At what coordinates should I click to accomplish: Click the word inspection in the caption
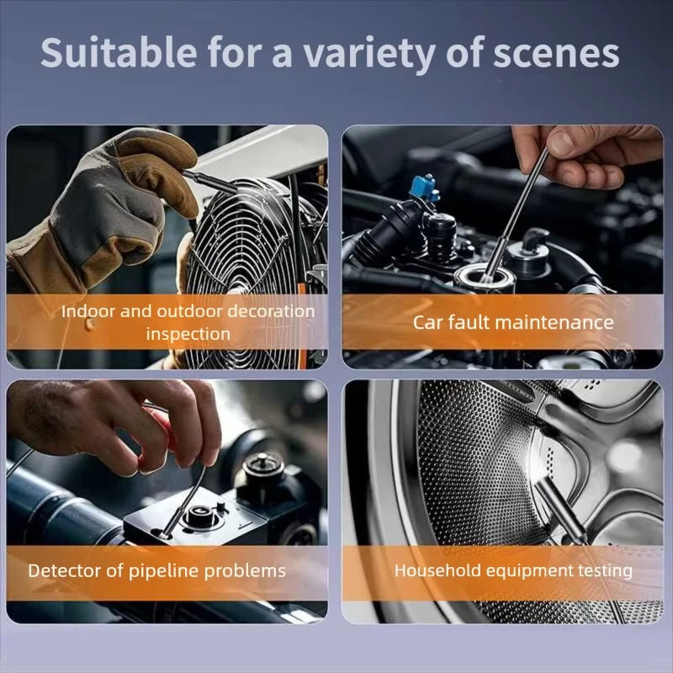tap(188, 334)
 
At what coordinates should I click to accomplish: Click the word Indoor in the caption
tap(89, 311)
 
